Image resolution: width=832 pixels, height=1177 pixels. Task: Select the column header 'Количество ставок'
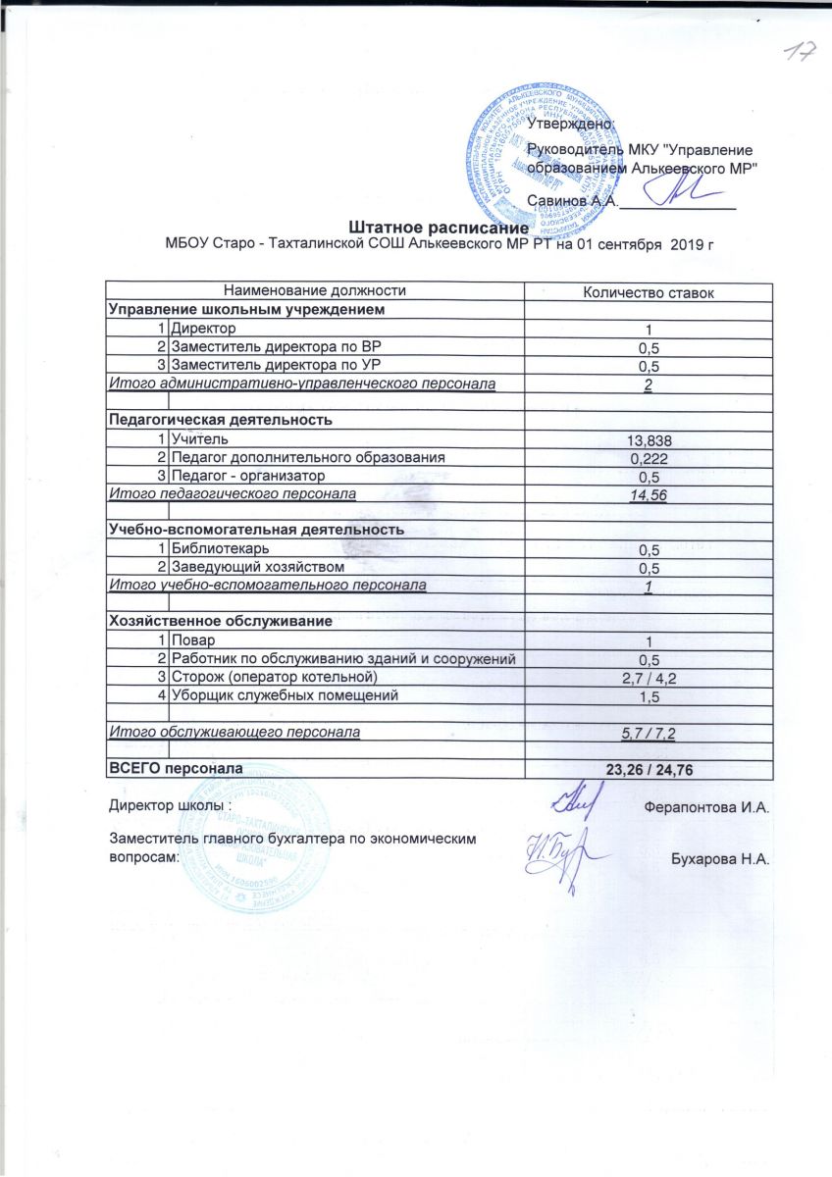[648, 292]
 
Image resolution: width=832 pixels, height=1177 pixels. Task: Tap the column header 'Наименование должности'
[315, 290]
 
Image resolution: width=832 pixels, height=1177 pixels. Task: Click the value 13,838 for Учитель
[648, 439]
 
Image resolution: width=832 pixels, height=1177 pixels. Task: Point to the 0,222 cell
[648, 458]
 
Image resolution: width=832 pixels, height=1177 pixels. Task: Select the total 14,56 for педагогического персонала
[648, 496]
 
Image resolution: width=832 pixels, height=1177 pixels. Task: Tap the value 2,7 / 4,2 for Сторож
[648, 678]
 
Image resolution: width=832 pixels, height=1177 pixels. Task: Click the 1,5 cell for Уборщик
[648, 696]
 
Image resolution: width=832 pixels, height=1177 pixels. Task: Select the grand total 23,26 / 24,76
[650, 772]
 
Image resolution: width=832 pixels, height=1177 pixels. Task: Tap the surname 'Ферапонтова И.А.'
[706, 808]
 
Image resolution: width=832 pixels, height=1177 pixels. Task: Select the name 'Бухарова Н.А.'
[719, 860]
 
